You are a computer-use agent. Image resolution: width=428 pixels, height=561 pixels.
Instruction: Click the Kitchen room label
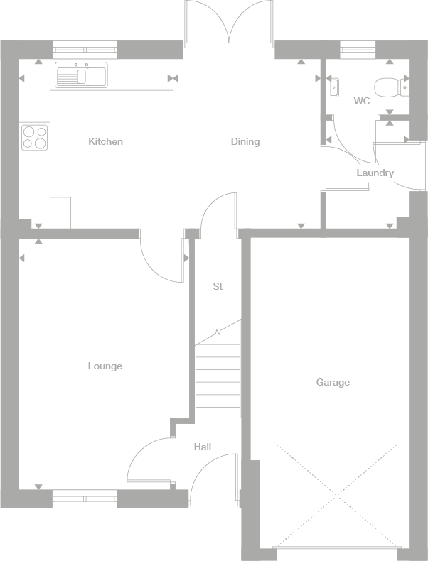tap(105, 141)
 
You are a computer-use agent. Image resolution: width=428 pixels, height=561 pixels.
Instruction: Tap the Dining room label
tap(245, 141)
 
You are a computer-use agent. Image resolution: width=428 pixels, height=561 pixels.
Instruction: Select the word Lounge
tap(105, 366)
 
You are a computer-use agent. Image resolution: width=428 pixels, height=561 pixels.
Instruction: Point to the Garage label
tap(333, 383)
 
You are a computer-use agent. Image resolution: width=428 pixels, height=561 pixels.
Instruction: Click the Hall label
tap(203, 447)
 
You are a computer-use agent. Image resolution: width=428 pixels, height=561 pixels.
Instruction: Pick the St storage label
tap(218, 287)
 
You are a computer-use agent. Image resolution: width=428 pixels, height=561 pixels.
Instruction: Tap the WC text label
tap(362, 102)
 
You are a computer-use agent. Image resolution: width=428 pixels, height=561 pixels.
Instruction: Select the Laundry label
tap(375, 173)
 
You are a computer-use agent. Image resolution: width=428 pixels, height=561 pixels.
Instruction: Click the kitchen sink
tap(81, 75)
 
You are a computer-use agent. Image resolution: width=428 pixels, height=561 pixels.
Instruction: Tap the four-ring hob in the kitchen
tap(35, 136)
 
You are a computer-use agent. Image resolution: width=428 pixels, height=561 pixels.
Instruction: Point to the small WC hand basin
tap(333, 87)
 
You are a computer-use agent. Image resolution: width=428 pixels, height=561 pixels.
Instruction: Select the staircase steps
tap(218, 373)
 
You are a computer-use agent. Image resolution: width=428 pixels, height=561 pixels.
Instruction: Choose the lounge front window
tap(85, 499)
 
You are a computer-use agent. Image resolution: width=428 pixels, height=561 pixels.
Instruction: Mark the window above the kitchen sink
tap(85, 50)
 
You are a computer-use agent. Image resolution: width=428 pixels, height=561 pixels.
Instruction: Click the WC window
tap(358, 50)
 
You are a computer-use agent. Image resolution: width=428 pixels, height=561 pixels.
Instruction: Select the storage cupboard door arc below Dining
tap(217, 213)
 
